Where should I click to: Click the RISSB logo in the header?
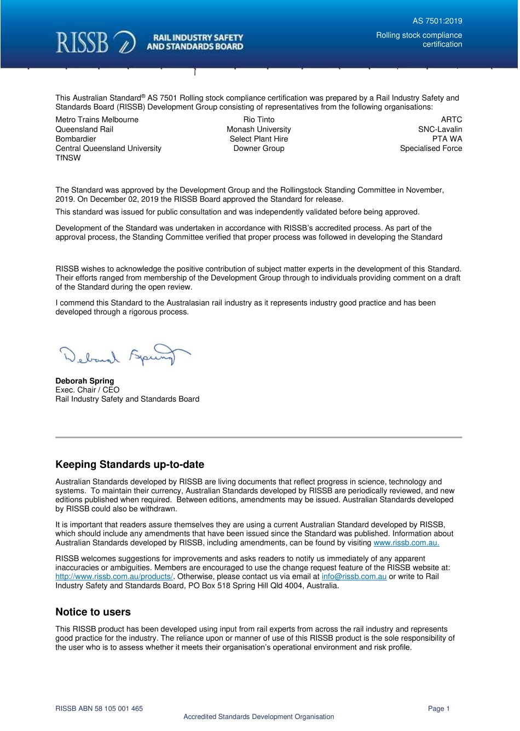coord(96,42)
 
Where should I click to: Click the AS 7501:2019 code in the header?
coord(437,21)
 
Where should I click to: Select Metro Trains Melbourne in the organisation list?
coord(97,120)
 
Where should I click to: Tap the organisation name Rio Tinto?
coord(259,120)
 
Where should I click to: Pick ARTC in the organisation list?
coord(452,120)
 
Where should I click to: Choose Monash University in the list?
coord(259,130)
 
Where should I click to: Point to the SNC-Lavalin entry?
coord(440,130)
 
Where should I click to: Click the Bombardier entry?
coord(76,139)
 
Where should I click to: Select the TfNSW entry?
coord(68,158)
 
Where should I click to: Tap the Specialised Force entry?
coord(431,148)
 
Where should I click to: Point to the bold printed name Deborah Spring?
coord(85,381)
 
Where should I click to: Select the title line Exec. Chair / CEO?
coord(88,390)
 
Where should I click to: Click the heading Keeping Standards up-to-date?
coord(130,465)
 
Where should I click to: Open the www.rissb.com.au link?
coord(406,543)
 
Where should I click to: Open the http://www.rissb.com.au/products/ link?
coord(114,577)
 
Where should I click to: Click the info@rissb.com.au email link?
coord(354,577)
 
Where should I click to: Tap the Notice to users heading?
coord(93,612)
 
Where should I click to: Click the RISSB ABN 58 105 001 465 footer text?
coord(99,709)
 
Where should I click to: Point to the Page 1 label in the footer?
coord(439,709)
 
